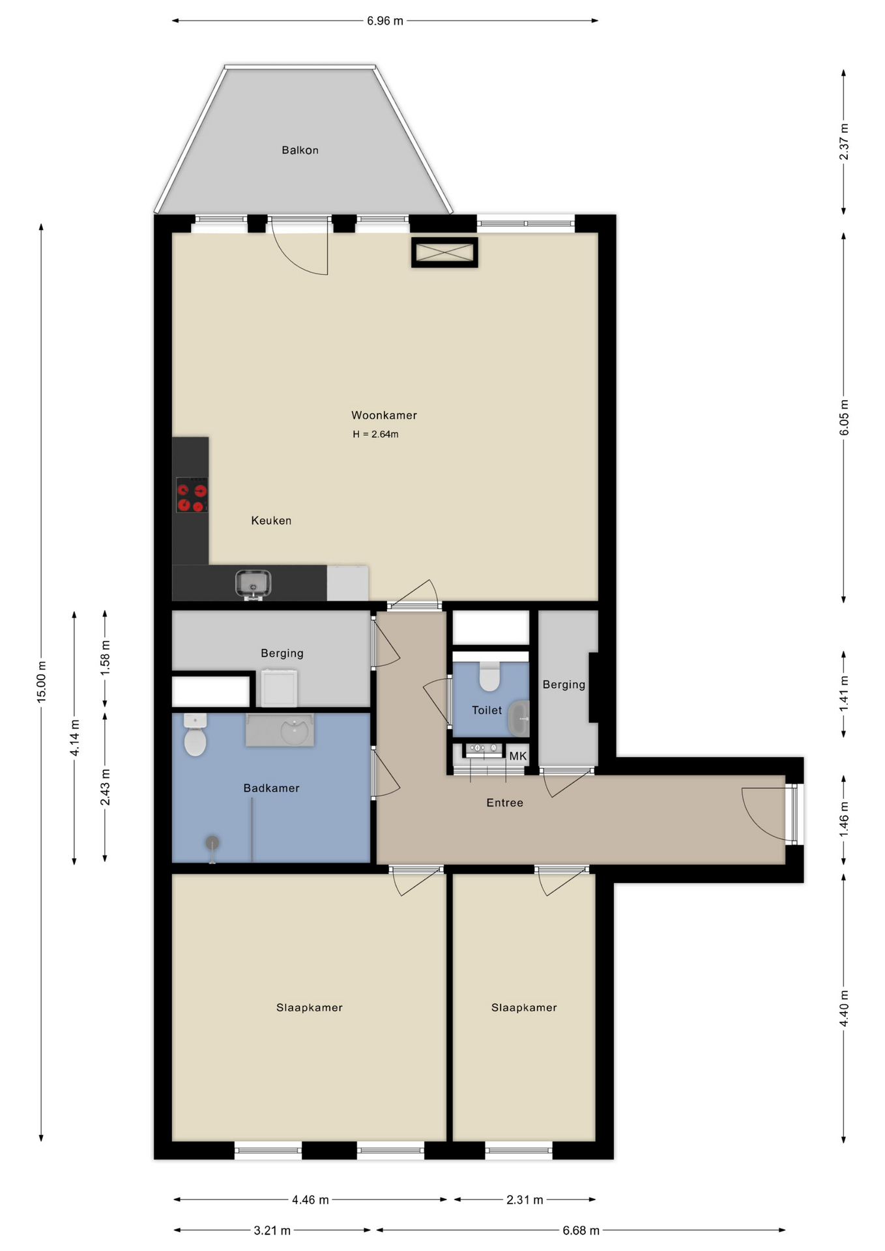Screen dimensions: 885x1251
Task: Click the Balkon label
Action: click(300, 150)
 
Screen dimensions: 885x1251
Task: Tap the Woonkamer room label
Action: click(384, 415)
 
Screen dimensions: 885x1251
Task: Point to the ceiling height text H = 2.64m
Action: click(375, 434)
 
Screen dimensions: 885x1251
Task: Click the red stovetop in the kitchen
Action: click(192, 495)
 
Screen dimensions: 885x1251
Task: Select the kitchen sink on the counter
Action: click(253, 584)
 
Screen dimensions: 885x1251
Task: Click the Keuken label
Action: click(271, 521)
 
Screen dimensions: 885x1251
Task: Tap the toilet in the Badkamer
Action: click(195, 734)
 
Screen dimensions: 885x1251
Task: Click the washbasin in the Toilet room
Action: click(519, 718)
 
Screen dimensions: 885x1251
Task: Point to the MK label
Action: click(518, 756)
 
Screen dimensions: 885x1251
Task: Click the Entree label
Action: click(504, 803)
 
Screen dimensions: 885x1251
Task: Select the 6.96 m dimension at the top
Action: click(384, 21)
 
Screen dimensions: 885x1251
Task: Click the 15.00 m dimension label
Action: click(41, 682)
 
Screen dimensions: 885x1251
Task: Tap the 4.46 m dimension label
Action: click(310, 1200)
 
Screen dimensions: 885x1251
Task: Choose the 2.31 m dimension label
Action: click(525, 1200)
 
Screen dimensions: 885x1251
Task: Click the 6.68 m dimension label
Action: click(581, 1230)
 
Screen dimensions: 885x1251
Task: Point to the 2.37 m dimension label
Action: click(844, 141)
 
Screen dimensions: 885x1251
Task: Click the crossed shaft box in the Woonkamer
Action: click(444, 252)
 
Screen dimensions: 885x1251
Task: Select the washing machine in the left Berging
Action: click(279, 687)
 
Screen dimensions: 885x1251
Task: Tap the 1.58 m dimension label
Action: click(105, 658)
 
